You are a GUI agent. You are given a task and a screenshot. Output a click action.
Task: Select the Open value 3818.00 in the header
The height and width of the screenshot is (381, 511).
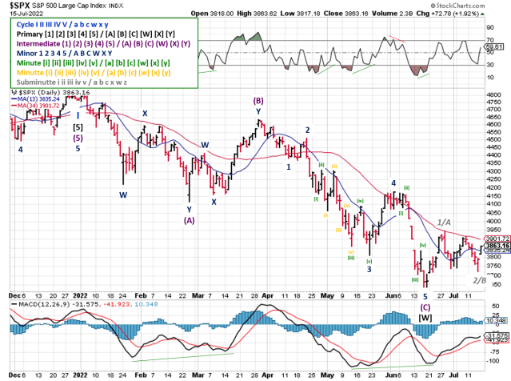coord(217,14)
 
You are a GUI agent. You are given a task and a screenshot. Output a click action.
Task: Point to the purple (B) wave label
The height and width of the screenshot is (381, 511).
coord(258,101)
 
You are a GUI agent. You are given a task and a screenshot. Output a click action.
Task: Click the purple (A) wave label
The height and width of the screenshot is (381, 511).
coord(189,219)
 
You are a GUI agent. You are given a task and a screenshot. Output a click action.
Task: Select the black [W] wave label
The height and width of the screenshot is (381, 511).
coord(425,295)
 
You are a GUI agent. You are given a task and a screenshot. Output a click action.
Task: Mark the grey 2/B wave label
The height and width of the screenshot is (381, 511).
coord(478,279)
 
